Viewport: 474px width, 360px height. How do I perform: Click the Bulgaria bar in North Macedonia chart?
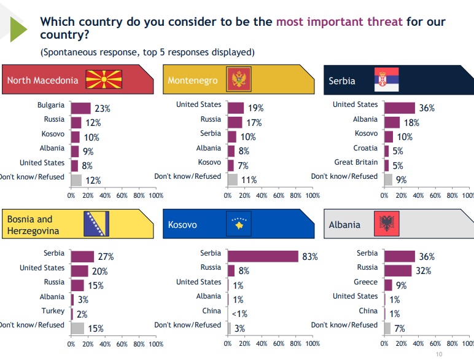(80, 108)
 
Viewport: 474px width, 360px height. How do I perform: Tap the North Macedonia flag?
(104, 79)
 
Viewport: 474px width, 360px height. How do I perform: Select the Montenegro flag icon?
(236, 79)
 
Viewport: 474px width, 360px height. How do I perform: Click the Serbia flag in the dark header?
(386, 80)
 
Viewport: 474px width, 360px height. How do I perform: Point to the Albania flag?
(387, 224)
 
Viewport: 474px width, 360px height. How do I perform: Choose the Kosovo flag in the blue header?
(239, 224)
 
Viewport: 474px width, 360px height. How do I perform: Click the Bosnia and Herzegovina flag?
(96, 224)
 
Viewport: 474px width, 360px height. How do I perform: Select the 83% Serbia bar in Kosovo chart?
(263, 256)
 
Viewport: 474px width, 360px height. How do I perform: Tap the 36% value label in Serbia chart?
(427, 108)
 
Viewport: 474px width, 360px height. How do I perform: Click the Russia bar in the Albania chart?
(397, 270)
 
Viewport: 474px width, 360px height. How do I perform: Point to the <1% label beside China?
(240, 313)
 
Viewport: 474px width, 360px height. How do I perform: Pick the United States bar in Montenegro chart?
(236, 108)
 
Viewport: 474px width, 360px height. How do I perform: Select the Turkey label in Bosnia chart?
(53, 311)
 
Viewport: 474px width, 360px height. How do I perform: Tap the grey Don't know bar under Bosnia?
(77, 328)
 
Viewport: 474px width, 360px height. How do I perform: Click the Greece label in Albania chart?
(367, 282)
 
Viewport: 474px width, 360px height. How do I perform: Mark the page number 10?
(438, 354)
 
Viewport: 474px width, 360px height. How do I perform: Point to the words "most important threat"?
(340, 22)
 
